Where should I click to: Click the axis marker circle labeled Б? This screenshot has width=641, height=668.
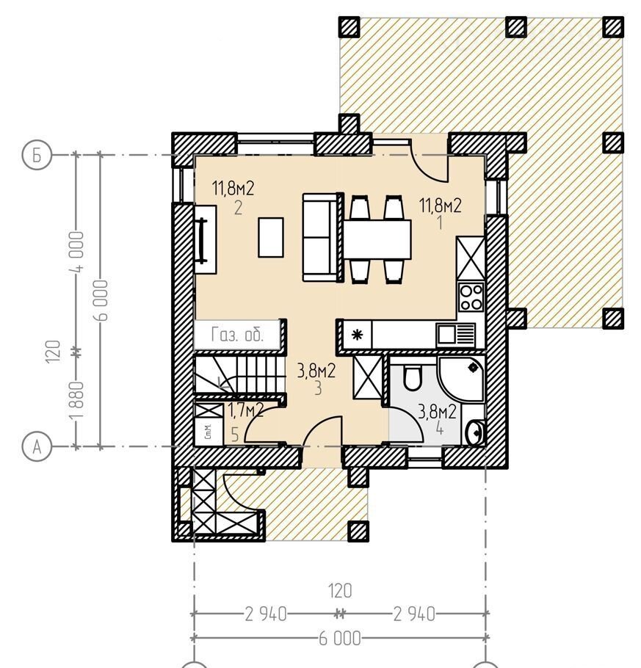37,155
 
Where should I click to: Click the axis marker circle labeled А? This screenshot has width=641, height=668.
37,447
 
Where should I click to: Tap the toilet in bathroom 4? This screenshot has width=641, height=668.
412,378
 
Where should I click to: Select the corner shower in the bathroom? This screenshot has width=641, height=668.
461,379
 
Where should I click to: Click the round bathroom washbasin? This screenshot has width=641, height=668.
475,432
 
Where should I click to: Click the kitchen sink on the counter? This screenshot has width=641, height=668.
456,335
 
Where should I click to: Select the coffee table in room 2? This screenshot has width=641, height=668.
271,237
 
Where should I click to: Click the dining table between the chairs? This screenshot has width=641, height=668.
377,239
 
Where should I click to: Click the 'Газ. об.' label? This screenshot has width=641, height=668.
237,335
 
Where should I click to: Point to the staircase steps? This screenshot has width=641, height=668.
239,375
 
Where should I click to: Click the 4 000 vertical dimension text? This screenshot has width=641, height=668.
79,251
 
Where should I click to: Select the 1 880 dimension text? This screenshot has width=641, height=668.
79,401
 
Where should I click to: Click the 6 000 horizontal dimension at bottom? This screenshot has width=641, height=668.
340,639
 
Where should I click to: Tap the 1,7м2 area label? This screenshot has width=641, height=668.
246,410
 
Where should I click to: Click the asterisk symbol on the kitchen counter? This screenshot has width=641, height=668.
357,335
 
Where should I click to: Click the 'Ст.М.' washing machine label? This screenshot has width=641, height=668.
208,432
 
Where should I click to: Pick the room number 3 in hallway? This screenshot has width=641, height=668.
318,388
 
